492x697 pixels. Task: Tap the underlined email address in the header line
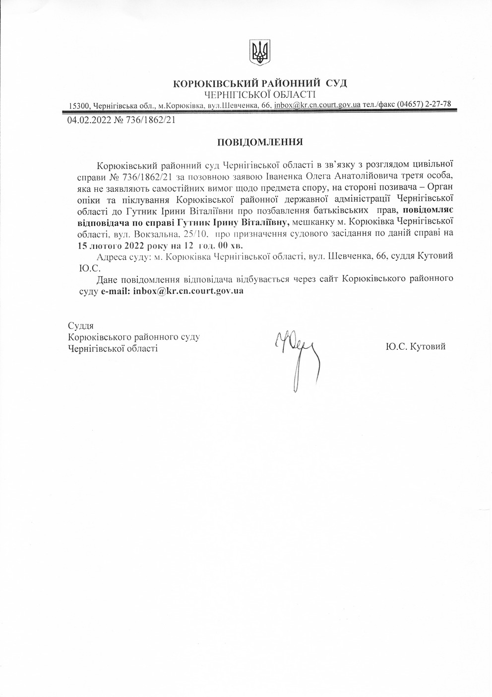tap(317, 105)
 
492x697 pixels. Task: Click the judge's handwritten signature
tap(295, 355)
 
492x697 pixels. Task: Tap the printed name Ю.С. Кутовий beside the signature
tap(415, 346)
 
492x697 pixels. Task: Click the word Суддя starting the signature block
tap(81, 326)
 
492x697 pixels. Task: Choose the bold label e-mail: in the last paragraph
tap(115, 292)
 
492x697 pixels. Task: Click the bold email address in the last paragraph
tap(188, 292)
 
